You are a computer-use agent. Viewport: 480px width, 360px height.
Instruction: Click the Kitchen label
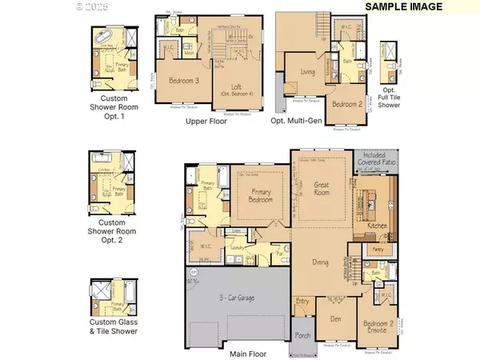tap(375, 226)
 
